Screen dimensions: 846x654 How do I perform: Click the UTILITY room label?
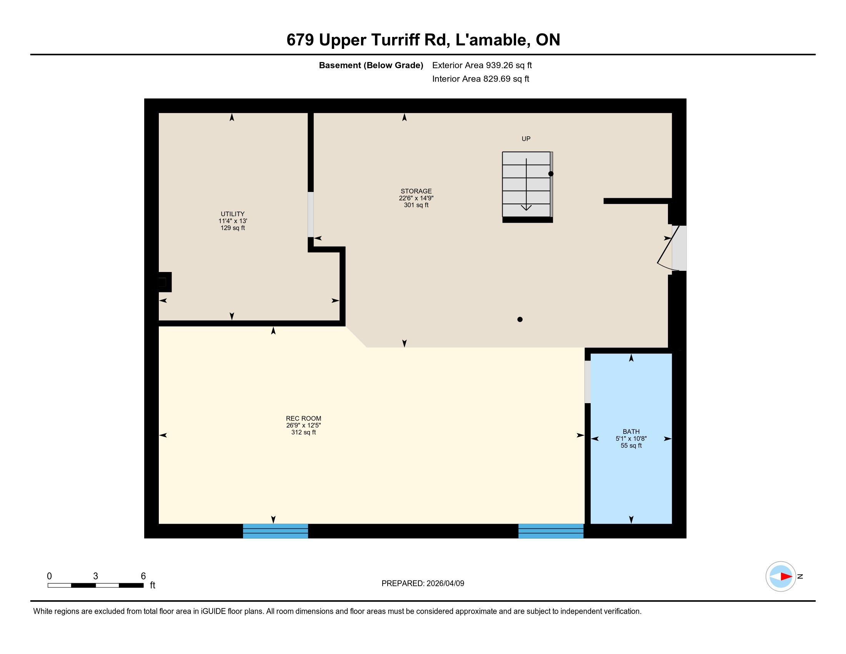[232, 214]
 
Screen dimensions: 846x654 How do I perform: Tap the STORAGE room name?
[416, 191]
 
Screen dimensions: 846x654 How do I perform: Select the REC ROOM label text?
[303, 419]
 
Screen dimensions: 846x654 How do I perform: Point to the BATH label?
[631, 432]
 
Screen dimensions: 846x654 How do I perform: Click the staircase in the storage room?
[527, 186]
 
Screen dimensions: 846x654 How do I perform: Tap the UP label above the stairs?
[526, 139]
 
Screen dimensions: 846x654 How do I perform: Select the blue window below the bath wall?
[550, 531]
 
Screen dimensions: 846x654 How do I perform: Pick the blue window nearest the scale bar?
[275, 531]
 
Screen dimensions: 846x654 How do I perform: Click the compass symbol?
[781, 577]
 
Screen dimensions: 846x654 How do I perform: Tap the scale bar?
[96, 586]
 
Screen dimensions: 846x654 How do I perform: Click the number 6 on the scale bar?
[143, 576]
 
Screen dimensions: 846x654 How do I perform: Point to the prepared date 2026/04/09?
[445, 584]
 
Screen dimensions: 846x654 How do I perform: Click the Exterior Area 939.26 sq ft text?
[482, 65]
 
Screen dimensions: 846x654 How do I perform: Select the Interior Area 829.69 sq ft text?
[481, 78]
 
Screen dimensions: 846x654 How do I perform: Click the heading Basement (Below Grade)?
[371, 65]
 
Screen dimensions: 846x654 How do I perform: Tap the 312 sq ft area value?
[303, 432]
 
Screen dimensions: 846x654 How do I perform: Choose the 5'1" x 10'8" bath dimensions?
[631, 439]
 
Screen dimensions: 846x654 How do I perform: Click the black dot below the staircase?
[520, 319]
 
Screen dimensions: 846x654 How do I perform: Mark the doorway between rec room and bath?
[588, 382]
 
